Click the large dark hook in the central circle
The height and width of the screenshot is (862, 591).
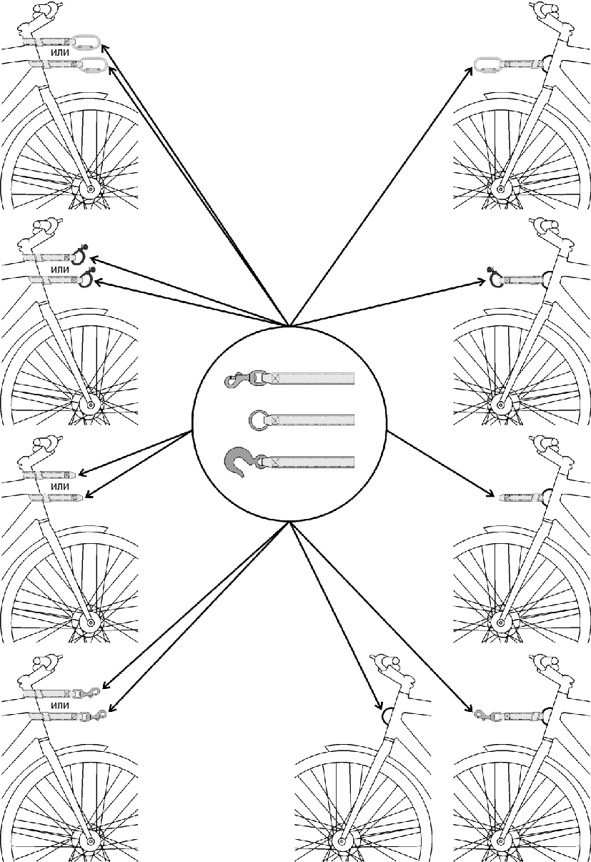[x=239, y=462]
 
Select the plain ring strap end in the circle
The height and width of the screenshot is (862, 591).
[x=258, y=420]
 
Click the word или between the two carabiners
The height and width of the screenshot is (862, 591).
[x=60, y=53]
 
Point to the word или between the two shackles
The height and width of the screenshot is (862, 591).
[x=60, y=269]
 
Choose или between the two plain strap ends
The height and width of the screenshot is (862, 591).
[x=60, y=486]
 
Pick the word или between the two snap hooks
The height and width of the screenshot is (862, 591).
[x=60, y=705]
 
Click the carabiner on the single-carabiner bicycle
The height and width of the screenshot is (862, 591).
[x=487, y=66]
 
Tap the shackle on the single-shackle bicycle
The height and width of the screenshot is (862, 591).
[x=495, y=279]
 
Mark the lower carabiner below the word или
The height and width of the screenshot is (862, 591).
[x=93, y=65]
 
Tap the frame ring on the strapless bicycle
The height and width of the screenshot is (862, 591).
[x=389, y=714]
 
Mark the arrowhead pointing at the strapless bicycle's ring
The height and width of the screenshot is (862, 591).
[x=378, y=708]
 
